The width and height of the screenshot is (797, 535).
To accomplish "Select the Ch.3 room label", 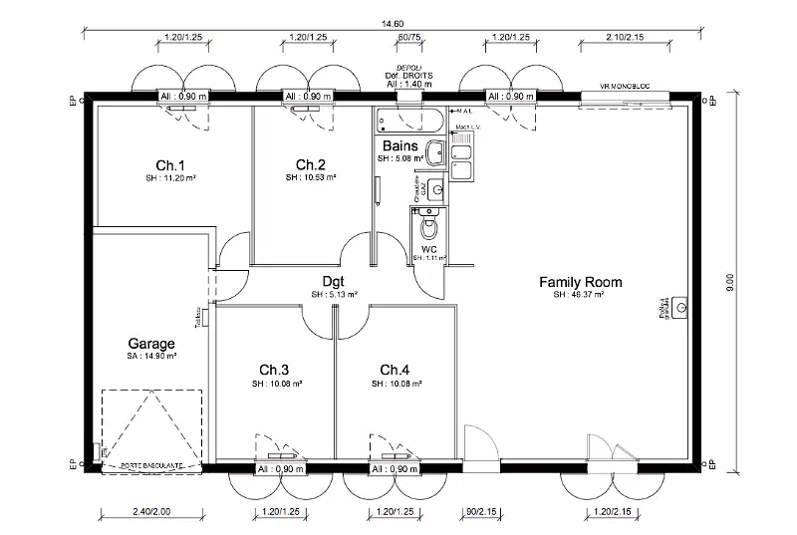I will click(x=273, y=370).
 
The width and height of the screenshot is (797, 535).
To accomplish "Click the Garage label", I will click(x=151, y=344).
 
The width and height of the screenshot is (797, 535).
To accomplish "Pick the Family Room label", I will click(x=580, y=281).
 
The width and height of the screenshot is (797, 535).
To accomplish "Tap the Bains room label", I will click(x=398, y=145).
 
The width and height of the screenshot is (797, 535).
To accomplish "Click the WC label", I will click(x=429, y=248).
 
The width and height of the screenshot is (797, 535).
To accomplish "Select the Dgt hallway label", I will click(x=334, y=281).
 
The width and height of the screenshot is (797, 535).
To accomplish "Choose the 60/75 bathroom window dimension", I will click(x=408, y=37).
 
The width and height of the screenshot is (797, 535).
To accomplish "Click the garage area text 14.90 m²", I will click(x=151, y=356).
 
